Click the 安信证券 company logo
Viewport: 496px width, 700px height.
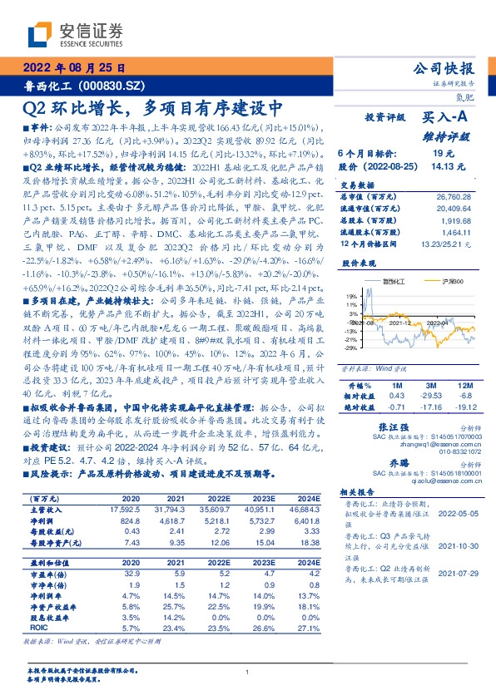pos(74,34)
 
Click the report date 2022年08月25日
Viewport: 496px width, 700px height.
pos(74,68)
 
